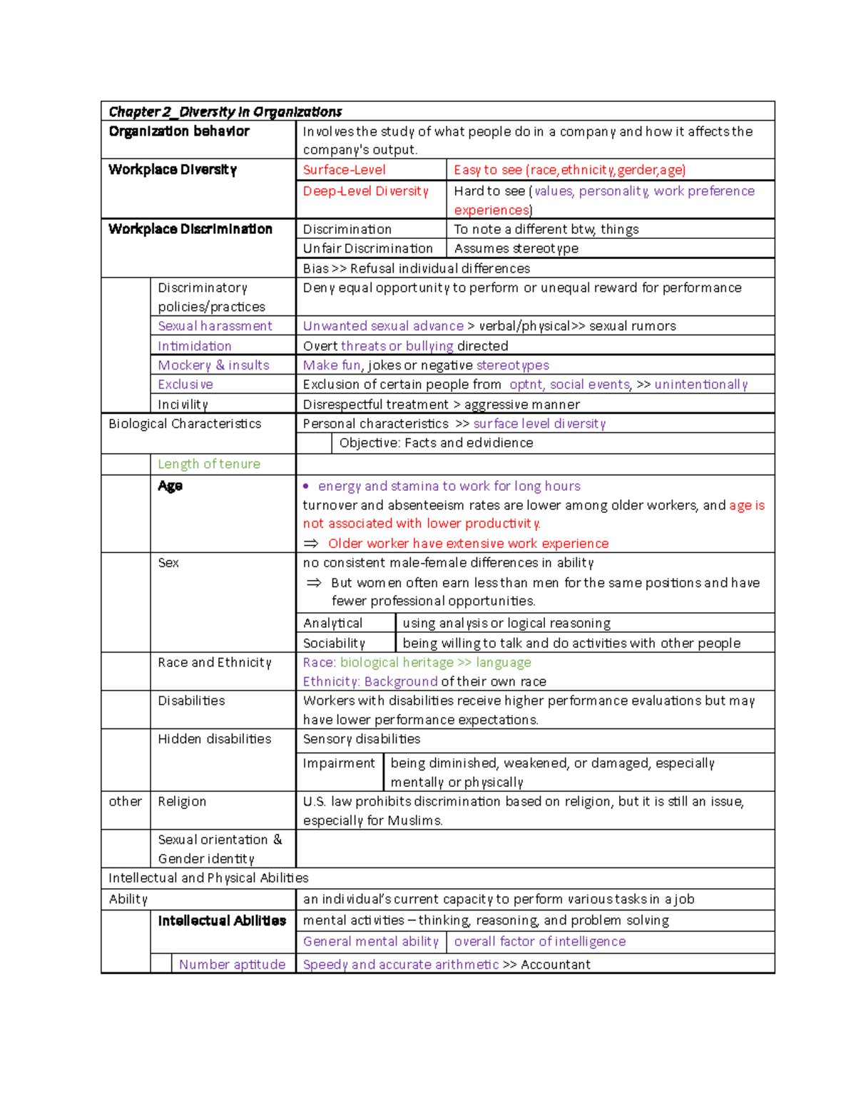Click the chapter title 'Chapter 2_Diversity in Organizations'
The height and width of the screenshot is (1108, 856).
225,112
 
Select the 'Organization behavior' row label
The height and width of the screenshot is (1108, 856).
179,131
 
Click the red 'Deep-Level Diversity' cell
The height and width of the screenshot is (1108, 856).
365,191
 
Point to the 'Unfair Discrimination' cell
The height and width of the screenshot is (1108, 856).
367,248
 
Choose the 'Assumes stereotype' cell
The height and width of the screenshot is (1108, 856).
516,248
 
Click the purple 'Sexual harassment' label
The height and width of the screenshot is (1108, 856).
215,326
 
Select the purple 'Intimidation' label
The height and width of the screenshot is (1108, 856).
194,346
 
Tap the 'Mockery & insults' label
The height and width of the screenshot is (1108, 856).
213,365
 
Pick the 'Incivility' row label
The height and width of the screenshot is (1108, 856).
183,405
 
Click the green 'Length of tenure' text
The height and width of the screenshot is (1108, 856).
208,464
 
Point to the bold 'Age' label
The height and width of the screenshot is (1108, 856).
170,486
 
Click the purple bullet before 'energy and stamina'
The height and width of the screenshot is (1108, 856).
306,487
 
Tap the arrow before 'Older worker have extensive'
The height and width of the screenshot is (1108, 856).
311,544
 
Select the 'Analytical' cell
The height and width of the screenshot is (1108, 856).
332,624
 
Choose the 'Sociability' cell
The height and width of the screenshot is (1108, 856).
334,644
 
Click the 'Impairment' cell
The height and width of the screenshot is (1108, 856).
338,763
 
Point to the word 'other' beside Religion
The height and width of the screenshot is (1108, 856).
125,802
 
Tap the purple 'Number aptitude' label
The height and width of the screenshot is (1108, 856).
232,965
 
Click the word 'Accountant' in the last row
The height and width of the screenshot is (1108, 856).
555,965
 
